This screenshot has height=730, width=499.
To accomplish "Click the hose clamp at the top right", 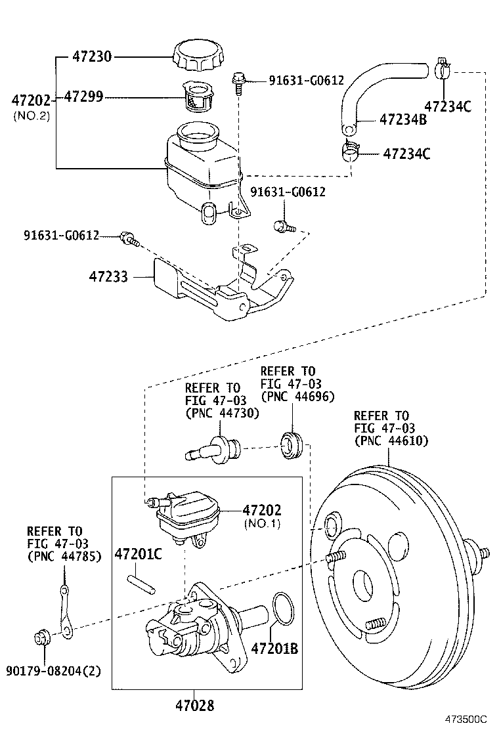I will coord(442,67).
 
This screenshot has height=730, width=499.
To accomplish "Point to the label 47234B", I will coord(403,119).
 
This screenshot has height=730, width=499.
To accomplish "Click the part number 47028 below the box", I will coord(195,706).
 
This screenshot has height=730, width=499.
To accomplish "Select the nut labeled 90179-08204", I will coord(41,637).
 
